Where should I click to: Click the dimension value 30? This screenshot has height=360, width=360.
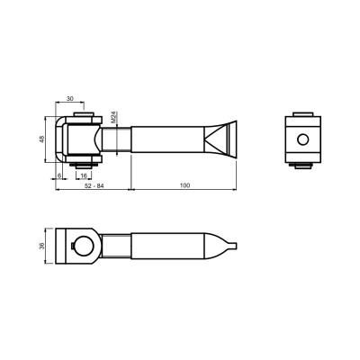pyautogui.click(x=70, y=98)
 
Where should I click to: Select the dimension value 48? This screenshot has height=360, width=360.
pyautogui.click(x=42, y=139)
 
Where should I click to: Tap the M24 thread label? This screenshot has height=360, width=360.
pyautogui.click(x=113, y=117)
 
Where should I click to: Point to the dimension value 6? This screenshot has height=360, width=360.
pyautogui.click(x=59, y=175)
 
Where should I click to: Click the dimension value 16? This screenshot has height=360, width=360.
pyautogui.click(x=84, y=175)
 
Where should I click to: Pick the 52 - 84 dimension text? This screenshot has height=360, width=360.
pyautogui.click(x=94, y=185)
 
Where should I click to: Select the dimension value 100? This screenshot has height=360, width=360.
pyautogui.click(x=184, y=185)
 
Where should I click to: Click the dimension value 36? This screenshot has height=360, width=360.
pyautogui.click(x=42, y=246)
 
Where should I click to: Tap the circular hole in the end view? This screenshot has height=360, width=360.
pyautogui.click(x=302, y=139)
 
